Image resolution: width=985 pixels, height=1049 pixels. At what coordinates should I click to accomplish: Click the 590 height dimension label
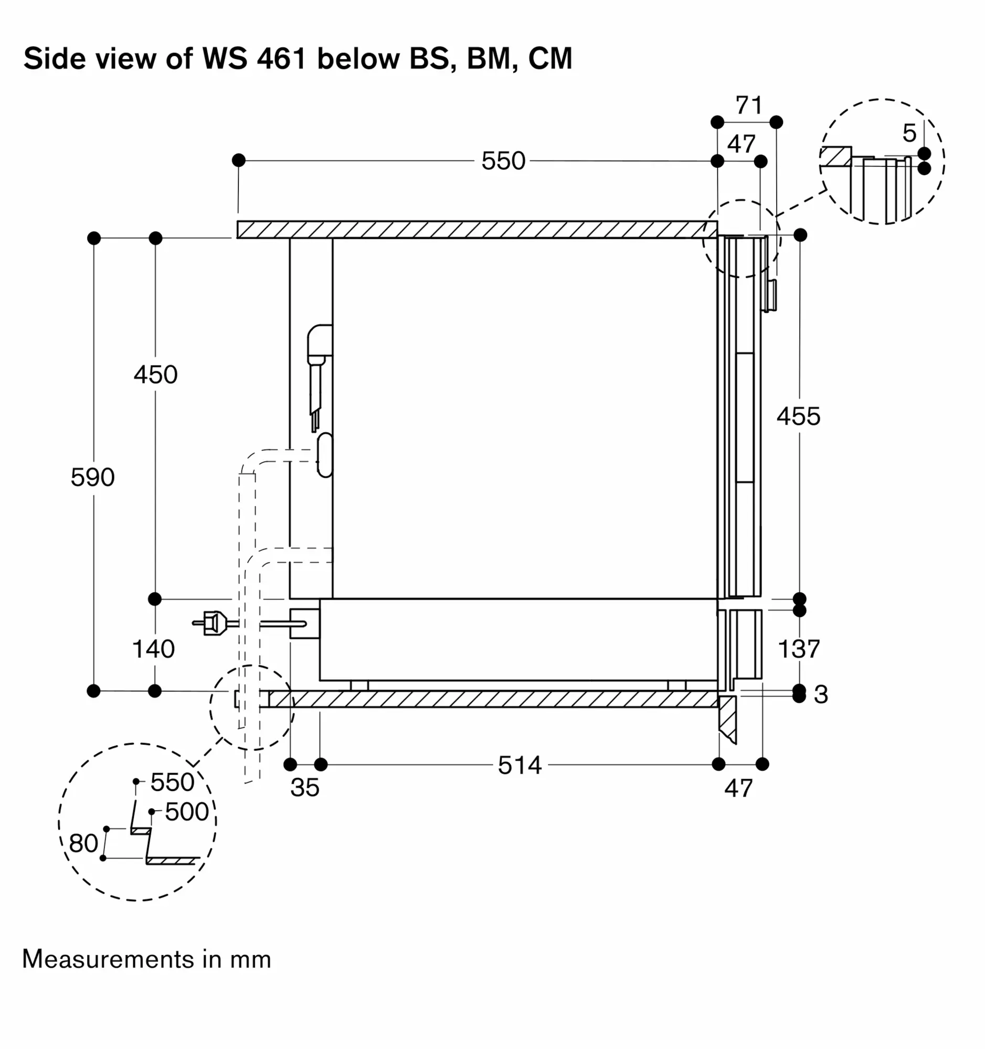[x=92, y=477]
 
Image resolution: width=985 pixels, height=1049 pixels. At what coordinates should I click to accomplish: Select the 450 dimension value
[x=155, y=374]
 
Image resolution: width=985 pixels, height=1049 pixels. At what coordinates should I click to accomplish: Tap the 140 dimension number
[x=153, y=648]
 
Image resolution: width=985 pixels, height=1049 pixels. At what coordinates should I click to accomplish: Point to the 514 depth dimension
[x=520, y=765]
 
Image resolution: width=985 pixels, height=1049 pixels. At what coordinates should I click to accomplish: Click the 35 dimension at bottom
[x=304, y=787]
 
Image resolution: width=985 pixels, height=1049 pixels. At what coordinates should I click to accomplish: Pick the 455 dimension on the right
[x=798, y=416]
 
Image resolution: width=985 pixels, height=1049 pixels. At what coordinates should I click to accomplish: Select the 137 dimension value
[x=799, y=649]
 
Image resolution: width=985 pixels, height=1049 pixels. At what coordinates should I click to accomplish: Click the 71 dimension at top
[x=748, y=105]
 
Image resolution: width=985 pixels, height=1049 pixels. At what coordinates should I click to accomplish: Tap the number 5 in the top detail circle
[x=909, y=133]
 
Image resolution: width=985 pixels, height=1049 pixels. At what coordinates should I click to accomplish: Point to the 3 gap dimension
[x=820, y=694]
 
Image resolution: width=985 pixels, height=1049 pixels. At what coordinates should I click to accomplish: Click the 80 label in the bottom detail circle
[x=83, y=843]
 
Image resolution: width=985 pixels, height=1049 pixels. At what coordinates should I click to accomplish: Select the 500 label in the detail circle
[x=186, y=811]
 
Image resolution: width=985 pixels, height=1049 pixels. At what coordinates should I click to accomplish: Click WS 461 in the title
[x=254, y=58]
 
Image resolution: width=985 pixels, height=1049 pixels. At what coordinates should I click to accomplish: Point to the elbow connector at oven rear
[x=320, y=343]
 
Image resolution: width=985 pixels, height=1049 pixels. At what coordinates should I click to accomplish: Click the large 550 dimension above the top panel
[x=503, y=161]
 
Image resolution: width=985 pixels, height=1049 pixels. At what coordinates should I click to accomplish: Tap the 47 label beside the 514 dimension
[x=738, y=788]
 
